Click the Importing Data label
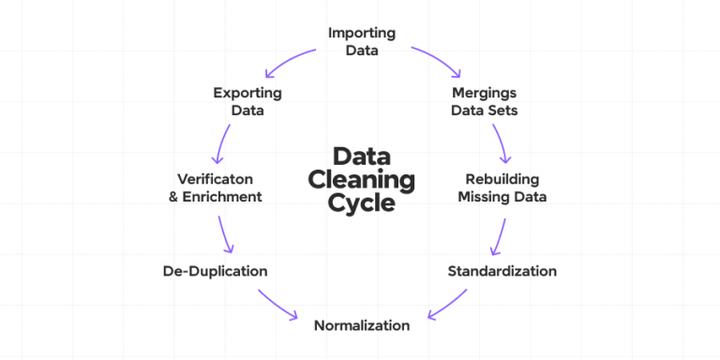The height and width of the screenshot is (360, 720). (361, 42)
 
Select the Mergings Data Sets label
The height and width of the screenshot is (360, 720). (485, 102)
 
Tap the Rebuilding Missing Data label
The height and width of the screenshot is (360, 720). (502, 187)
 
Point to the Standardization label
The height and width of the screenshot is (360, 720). (502, 271)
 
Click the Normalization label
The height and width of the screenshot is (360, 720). (361, 325)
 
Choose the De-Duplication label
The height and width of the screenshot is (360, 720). (215, 271)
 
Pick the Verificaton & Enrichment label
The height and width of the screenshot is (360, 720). (220, 187)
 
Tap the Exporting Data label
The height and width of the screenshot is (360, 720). (247, 102)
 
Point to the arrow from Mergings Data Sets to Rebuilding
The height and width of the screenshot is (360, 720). (502, 142)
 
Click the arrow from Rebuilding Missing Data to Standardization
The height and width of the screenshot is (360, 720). (500, 236)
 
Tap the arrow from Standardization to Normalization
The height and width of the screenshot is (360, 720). (448, 305)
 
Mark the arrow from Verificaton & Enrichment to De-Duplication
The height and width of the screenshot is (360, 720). (225, 234)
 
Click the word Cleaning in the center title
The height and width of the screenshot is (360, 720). (362, 179)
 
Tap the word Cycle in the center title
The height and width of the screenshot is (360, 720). (362, 202)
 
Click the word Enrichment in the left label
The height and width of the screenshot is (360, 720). (228, 197)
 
